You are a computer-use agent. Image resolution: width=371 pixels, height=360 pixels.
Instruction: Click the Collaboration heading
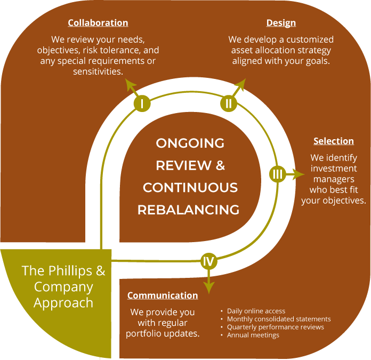pyautogui.click(x=98, y=23)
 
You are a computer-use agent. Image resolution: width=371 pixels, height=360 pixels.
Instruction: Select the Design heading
pyautogui.click(x=281, y=23)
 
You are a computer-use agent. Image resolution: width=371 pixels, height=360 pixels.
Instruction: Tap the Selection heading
pyautogui.click(x=333, y=141)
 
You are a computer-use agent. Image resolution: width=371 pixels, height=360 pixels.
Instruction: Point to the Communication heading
pyautogui.click(x=163, y=295)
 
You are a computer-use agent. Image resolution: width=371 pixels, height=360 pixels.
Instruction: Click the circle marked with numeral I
pyautogui.click(x=142, y=103)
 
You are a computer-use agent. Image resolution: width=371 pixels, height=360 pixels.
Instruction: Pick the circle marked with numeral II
pyautogui.click(x=229, y=103)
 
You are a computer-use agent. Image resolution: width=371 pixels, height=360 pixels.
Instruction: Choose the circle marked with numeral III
pyautogui.click(x=277, y=174)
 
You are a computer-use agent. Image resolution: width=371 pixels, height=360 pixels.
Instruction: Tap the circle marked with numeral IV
pyautogui.click(x=208, y=261)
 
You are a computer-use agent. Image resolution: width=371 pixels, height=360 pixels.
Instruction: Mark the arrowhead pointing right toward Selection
pyautogui.click(x=297, y=174)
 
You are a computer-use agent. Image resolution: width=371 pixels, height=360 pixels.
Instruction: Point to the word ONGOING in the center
pyautogui.click(x=190, y=143)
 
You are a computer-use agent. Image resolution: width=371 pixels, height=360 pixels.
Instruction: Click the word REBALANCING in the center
pyautogui.click(x=188, y=210)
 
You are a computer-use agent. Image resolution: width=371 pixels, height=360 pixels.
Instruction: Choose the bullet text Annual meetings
pyautogui.click(x=253, y=335)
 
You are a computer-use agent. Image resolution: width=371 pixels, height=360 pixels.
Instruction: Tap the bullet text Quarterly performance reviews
pyautogui.click(x=275, y=327)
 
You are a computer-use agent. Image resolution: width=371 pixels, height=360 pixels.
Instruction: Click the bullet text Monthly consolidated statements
pyautogui.click(x=279, y=319)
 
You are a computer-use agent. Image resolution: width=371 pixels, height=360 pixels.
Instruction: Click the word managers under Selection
pyautogui.click(x=333, y=179)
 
